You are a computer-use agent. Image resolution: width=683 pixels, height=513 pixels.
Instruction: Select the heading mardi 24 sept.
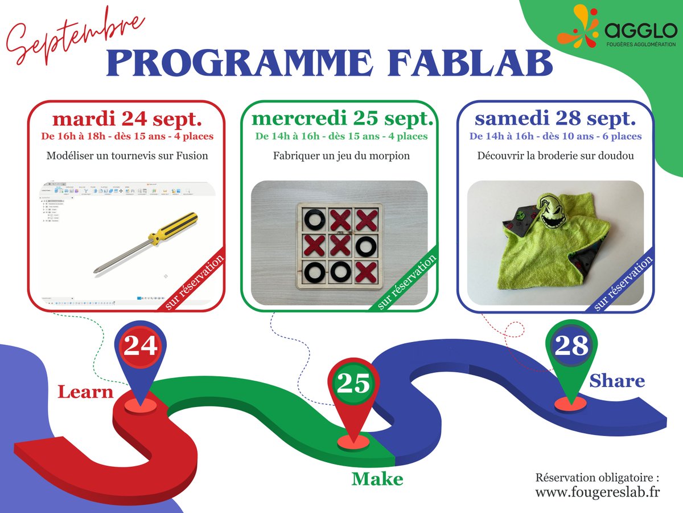click(126, 119)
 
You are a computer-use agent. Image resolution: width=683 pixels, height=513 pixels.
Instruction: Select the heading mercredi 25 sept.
click(342, 119)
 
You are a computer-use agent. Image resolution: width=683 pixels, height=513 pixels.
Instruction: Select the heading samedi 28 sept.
click(555, 119)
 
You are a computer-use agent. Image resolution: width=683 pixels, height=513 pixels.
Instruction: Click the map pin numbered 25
click(353, 384)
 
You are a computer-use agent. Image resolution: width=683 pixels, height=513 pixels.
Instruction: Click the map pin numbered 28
click(571, 346)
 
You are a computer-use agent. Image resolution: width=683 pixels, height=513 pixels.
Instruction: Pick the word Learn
click(85, 392)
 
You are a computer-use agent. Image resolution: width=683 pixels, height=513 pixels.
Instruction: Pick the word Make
click(377, 478)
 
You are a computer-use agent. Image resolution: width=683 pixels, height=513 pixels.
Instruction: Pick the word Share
click(617, 380)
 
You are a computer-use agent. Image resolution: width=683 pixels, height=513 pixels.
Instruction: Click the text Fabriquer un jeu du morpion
click(341, 156)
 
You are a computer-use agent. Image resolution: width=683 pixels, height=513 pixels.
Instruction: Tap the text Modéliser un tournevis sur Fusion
click(126, 156)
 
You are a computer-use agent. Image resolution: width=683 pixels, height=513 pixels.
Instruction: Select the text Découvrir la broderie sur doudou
click(555, 156)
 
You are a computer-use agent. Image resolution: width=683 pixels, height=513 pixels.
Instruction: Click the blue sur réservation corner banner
click(624, 283)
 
